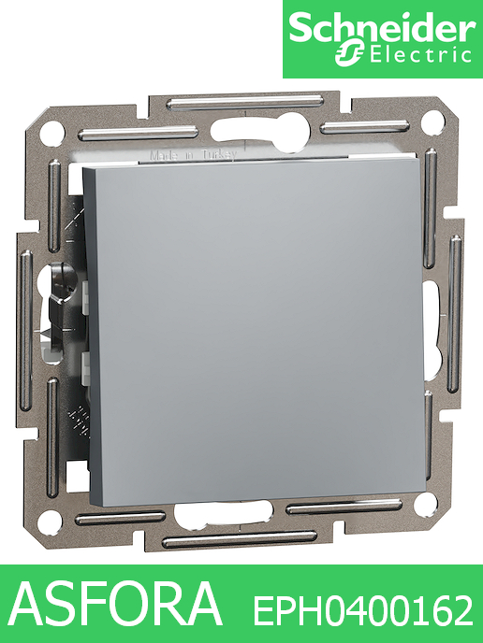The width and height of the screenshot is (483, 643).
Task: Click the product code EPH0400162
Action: pos(363,611)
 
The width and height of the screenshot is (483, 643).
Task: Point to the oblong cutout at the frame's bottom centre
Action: pos(230,514)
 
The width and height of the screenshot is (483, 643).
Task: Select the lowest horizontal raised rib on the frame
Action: pos(240,539)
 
